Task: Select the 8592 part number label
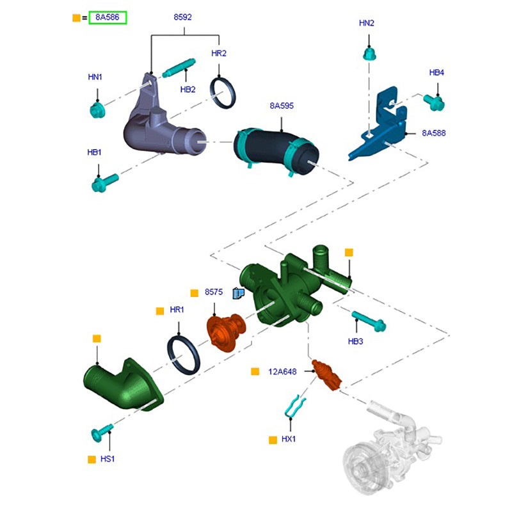pyautogui.click(x=182, y=17)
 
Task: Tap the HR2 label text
pyautogui.click(x=219, y=53)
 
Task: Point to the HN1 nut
pyautogui.click(x=97, y=110)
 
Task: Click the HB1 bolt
pyautogui.click(x=103, y=183)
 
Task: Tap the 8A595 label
pyautogui.click(x=281, y=106)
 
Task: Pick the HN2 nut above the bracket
pyautogui.click(x=369, y=53)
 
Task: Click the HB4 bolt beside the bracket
pyautogui.click(x=435, y=100)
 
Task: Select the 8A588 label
pyautogui.click(x=433, y=133)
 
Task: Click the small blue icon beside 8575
pyautogui.click(x=239, y=294)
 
